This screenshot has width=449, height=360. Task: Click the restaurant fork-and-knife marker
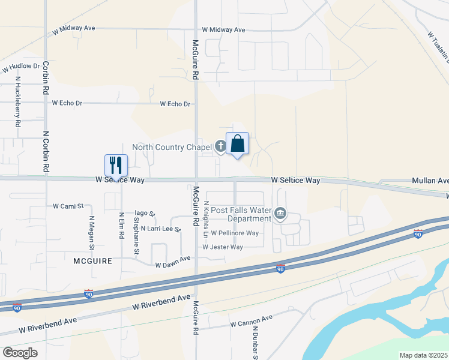point(116,164)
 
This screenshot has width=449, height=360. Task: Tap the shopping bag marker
point(238,144)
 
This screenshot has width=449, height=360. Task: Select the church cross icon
point(220,145)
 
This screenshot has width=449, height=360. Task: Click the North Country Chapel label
point(172,147)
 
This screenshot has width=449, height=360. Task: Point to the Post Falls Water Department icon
point(280,213)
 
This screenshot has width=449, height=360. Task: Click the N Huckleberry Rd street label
point(18,101)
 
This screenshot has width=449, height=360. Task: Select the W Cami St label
point(68,206)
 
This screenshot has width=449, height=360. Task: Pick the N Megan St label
point(92,233)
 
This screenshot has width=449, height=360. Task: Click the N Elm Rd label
point(121,223)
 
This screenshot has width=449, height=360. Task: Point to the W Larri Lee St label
point(161,229)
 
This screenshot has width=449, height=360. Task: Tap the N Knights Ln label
point(206,218)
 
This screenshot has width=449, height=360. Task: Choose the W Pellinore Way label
point(235,233)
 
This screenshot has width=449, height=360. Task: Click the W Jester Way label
point(222,247)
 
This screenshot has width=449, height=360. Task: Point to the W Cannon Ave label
point(252,323)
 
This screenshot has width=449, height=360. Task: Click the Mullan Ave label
point(430,181)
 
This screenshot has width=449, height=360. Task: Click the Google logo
point(20,353)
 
